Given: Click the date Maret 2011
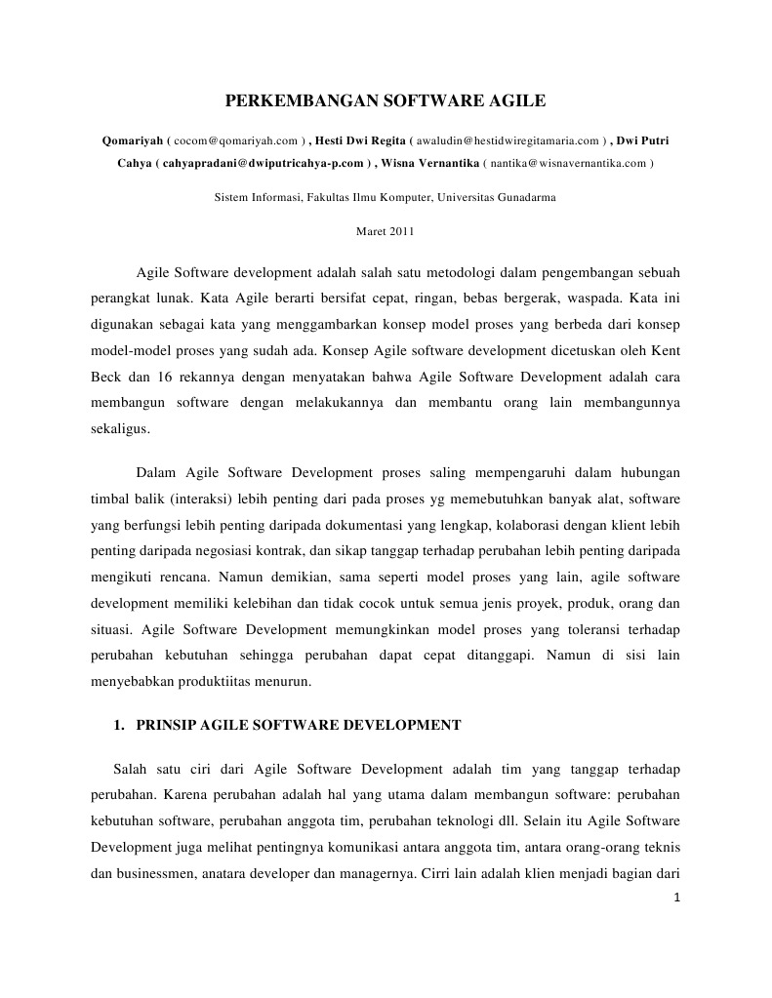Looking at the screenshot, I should pyautogui.click(x=386, y=231).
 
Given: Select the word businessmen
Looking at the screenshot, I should pyautogui.click(x=153, y=846).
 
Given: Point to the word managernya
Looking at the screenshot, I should pyautogui.click(x=368, y=846).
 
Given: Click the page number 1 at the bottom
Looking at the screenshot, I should pyautogui.click(x=676, y=898).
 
